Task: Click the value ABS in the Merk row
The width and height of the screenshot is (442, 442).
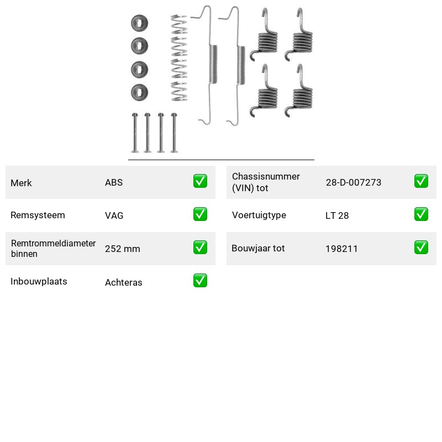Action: point(114,182)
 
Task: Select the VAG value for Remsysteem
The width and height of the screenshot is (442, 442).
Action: point(114,215)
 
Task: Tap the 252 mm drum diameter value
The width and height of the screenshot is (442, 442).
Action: point(123,249)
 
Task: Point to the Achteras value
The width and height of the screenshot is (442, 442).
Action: point(124,282)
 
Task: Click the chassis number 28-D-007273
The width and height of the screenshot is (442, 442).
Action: point(354,182)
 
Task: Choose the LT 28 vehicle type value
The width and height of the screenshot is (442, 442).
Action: point(337,215)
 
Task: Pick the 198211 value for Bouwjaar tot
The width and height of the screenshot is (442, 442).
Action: point(341,249)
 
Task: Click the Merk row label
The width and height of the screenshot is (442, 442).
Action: point(21,183)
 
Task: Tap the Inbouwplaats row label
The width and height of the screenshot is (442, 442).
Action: point(39,281)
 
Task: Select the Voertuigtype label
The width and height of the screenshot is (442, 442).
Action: point(259,215)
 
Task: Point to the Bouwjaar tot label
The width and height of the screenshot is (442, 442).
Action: point(258,248)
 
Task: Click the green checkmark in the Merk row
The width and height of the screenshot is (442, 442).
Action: point(200,181)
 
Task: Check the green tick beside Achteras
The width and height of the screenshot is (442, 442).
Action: point(200,281)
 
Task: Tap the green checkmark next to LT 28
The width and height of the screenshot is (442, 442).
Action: point(421,214)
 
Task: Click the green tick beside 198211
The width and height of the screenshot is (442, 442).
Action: point(421,247)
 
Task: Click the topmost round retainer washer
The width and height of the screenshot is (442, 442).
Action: point(140,23)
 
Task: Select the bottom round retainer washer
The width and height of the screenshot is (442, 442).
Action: point(140,92)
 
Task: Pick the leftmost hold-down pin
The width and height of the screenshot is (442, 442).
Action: point(135,133)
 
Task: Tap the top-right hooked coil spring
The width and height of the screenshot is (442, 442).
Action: point(299,35)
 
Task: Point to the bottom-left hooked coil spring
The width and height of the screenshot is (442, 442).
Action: point(264,92)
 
